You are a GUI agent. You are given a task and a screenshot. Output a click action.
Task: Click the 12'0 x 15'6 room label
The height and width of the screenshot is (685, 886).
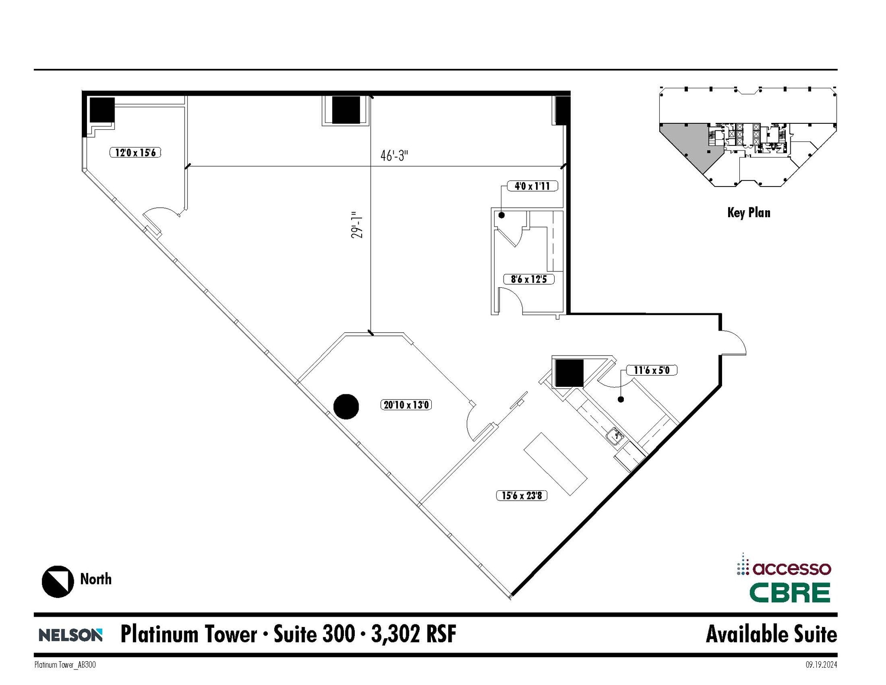pyautogui.click(x=135, y=152)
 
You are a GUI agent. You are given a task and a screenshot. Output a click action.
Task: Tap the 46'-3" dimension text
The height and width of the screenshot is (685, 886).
pyautogui.click(x=394, y=155)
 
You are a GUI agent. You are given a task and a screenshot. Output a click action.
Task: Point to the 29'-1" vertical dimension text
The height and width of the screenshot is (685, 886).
pyautogui.click(x=356, y=225)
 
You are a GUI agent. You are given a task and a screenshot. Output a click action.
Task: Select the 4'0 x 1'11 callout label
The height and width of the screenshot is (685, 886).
pyautogui.click(x=532, y=186)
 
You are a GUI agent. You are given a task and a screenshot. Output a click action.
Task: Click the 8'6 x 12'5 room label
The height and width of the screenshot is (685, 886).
pyautogui.click(x=529, y=279)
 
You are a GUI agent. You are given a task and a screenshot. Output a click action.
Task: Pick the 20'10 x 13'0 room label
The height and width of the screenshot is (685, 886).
pyautogui.click(x=406, y=405)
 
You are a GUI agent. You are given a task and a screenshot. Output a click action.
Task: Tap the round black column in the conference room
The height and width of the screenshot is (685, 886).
pyautogui.click(x=346, y=407)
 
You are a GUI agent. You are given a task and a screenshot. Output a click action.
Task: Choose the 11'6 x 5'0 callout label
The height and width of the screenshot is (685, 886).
pyautogui.click(x=651, y=370)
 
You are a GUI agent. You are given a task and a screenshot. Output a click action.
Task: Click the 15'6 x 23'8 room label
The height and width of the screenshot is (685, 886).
pyautogui.click(x=521, y=495)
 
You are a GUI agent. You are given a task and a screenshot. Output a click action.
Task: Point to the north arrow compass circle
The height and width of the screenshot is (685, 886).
pyautogui.click(x=58, y=582)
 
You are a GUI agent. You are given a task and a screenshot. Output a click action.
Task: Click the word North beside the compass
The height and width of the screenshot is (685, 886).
pyautogui.click(x=96, y=579)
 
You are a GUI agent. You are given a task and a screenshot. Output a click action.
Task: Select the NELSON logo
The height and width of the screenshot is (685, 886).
pyautogui.click(x=71, y=635)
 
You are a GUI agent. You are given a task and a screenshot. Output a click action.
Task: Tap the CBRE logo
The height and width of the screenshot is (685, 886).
pyautogui.click(x=790, y=593)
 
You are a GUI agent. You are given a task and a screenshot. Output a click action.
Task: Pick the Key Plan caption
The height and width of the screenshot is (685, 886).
pyautogui.click(x=748, y=212)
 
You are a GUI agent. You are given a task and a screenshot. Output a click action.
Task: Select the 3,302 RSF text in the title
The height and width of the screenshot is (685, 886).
pyautogui.click(x=414, y=634)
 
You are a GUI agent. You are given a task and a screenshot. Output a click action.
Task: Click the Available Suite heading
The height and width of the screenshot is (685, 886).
pyautogui.click(x=771, y=634)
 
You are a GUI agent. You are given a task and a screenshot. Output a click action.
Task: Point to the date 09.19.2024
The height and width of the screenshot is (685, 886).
pyautogui.click(x=821, y=665)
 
